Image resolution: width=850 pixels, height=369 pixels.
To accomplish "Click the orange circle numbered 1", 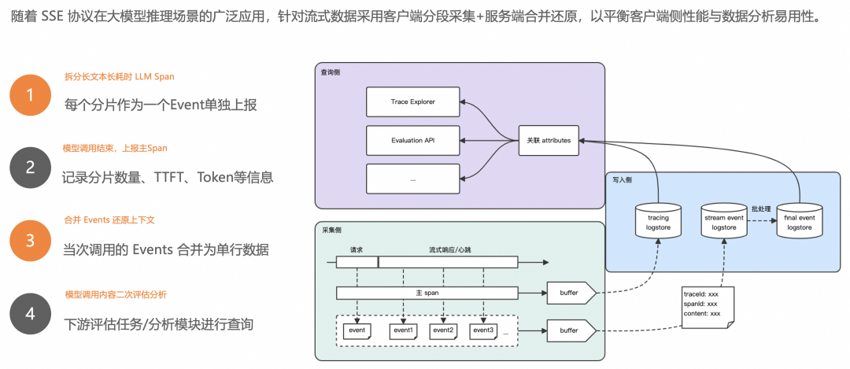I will (x=30, y=96).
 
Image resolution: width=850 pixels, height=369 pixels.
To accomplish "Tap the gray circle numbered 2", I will (x=30, y=168).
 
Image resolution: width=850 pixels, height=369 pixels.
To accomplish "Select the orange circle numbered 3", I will (x=30, y=241).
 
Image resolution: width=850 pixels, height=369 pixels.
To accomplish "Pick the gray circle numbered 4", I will (x=30, y=313).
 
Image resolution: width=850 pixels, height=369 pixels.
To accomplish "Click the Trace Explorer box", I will (x=412, y=102).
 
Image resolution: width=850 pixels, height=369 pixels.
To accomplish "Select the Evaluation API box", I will (x=412, y=141).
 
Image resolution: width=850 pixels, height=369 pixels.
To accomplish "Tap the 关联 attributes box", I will (x=549, y=141).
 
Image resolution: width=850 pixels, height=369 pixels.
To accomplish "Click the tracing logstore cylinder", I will (x=657, y=220).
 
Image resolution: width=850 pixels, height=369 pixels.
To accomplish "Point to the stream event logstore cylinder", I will (x=723, y=220).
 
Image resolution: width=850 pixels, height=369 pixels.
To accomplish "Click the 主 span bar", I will (x=427, y=293).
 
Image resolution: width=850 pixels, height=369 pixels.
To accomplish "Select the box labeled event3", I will (x=482, y=330).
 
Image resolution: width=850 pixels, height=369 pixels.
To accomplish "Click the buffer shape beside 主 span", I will (x=570, y=293).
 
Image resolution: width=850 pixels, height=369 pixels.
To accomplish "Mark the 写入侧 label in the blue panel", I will (x=622, y=179).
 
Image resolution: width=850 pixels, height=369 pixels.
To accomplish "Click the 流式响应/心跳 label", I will (x=448, y=250).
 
